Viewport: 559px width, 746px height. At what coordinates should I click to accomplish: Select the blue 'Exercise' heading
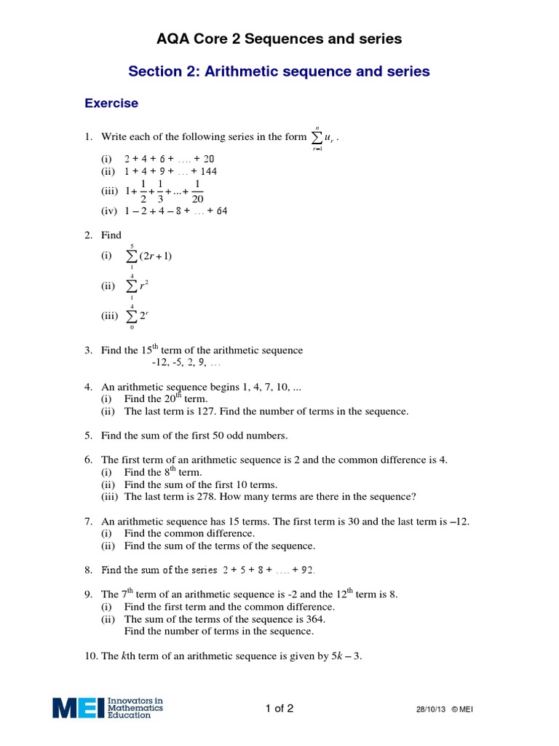coord(111,103)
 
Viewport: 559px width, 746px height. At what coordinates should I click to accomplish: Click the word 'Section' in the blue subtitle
coord(154,71)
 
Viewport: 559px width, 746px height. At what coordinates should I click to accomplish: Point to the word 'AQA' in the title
coord(173,39)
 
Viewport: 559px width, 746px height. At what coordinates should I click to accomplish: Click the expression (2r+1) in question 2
coord(155,256)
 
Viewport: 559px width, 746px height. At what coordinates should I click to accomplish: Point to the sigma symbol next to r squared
coord(132,286)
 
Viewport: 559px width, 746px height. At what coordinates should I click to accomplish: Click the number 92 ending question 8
coord(308,570)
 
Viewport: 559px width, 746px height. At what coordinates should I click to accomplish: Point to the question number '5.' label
coord(88,436)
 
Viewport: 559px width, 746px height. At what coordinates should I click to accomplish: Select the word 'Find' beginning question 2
coord(111,235)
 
